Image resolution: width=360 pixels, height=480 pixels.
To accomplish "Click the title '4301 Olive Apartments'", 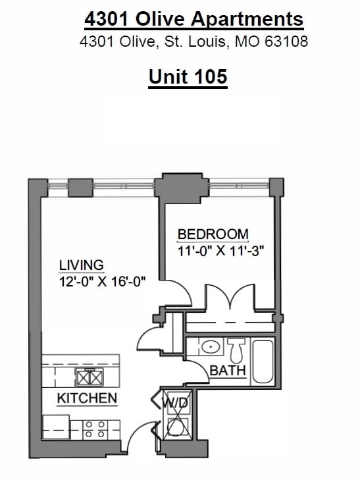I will pos(194,19).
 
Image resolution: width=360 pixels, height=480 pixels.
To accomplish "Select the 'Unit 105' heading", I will pos(188,76).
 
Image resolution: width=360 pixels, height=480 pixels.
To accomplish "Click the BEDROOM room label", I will pos(213,234).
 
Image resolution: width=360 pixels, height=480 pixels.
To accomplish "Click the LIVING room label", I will pos(82,265).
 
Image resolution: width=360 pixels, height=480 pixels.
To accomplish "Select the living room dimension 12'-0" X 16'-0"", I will pos(102,281).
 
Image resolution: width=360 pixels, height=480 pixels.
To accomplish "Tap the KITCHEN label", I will pos(87,398).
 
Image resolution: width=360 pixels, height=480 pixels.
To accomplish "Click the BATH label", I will pos(228,371).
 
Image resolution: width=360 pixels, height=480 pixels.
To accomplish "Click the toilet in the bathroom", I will pos(237,348).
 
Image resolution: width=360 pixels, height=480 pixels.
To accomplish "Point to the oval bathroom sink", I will pos(211,347).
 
